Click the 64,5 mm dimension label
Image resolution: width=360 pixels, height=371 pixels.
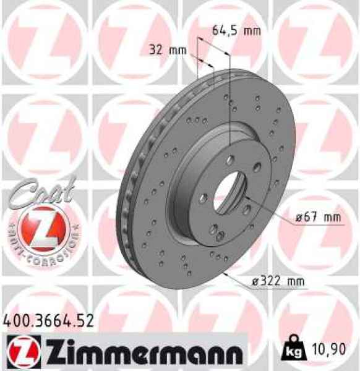tap(236, 30)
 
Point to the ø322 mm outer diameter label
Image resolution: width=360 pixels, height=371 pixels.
tap(278, 282)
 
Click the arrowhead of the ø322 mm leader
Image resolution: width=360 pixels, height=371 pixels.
tap(226, 272)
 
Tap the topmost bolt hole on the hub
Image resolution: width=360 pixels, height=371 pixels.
tap(230, 160)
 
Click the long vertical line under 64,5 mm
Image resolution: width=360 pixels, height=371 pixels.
tap(229, 99)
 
